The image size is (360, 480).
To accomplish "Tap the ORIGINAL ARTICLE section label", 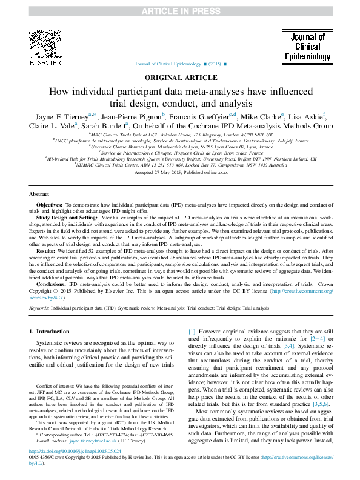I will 179,78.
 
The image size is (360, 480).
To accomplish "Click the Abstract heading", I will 41,194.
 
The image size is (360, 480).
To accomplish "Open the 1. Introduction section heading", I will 50,332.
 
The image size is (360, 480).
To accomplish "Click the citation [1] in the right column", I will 192,332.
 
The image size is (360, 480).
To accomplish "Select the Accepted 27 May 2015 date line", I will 179,172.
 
